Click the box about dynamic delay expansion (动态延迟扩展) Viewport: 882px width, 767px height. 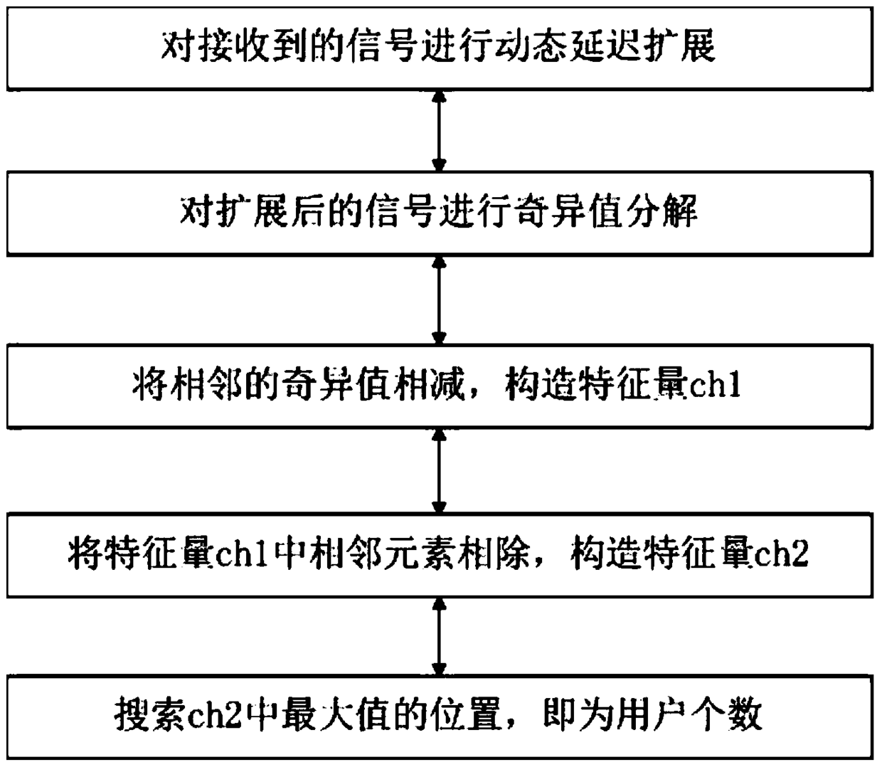point(440,47)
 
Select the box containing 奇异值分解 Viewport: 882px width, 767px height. point(440,212)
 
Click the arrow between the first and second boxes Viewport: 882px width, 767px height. point(440,130)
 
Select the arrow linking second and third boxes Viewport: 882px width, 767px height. point(440,300)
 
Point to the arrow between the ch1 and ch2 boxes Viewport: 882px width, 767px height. point(440,470)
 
